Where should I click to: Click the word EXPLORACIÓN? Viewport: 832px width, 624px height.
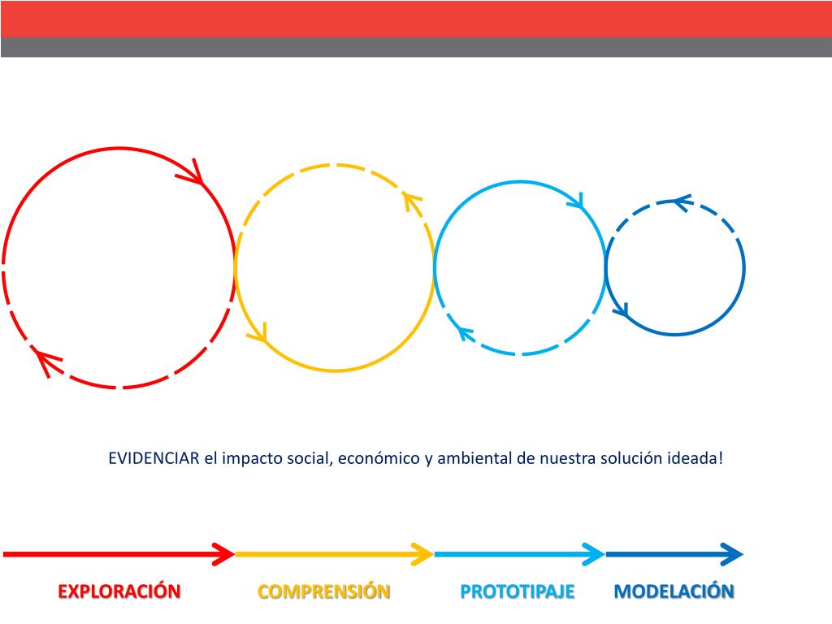pos(119,591)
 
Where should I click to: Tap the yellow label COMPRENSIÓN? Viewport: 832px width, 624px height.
pos(324,591)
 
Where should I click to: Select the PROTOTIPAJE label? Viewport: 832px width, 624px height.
pos(518,591)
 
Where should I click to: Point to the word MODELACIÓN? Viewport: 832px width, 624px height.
pos(674,591)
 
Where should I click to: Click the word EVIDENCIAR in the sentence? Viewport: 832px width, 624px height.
pos(154,458)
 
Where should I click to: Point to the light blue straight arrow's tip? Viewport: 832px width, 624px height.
pos(596,554)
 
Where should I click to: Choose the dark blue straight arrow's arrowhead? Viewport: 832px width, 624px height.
pos(734,554)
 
